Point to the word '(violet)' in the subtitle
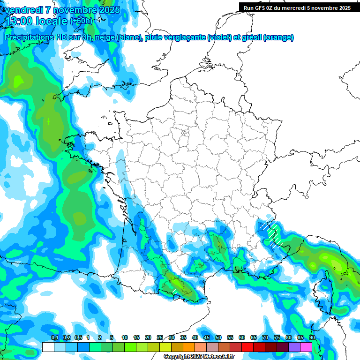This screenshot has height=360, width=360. tap(219, 37)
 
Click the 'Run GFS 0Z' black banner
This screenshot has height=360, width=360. tap(297, 7)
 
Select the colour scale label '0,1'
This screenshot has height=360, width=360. tap(54, 338)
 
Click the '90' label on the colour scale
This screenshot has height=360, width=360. tap(312, 338)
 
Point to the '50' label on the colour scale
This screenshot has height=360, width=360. tap(218, 338)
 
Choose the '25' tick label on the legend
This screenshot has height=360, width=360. tap(160, 338)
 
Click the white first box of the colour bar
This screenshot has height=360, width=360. tap(48, 347)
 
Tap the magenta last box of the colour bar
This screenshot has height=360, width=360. tap(306, 347)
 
